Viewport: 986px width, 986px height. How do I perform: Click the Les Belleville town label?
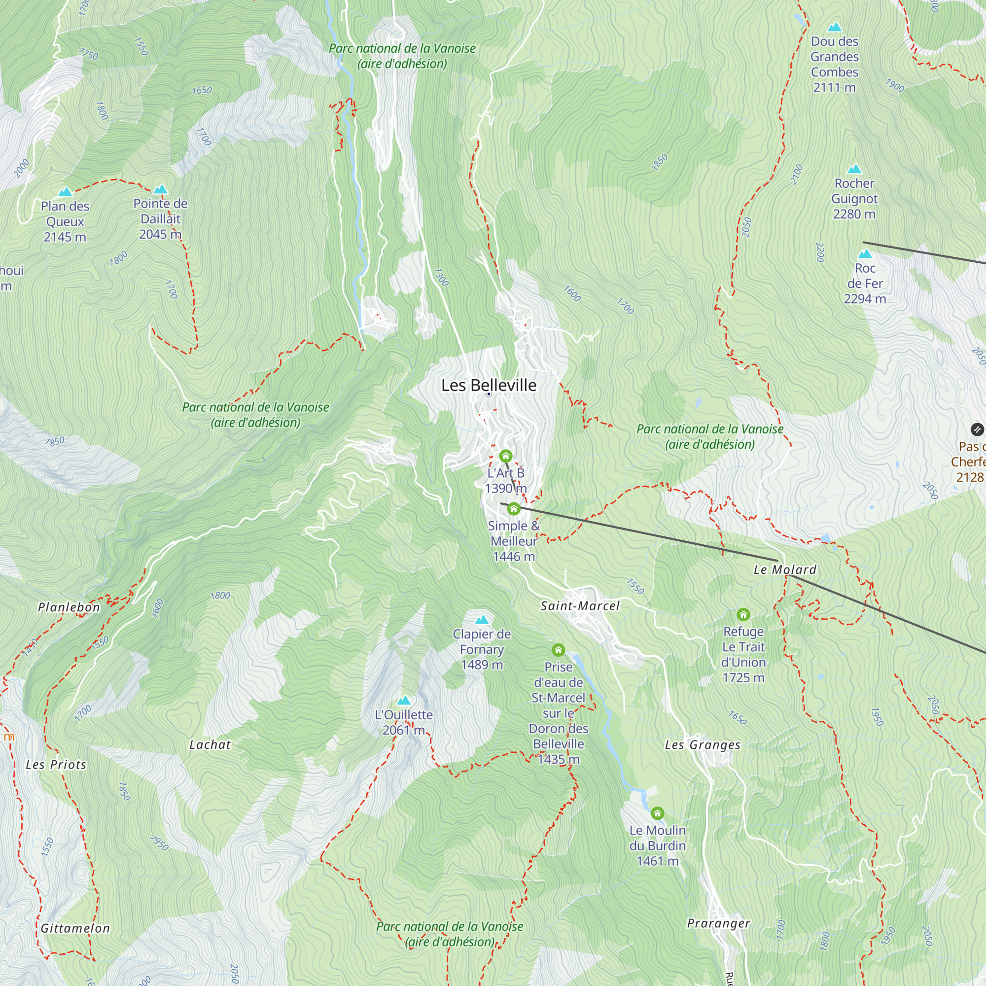click(x=489, y=386)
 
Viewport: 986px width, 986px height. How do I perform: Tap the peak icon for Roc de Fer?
click(x=865, y=253)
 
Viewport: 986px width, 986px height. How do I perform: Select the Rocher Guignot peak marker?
click(x=854, y=169)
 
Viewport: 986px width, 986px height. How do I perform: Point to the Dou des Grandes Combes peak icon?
click(x=834, y=27)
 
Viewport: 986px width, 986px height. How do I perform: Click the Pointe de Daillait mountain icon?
click(x=160, y=189)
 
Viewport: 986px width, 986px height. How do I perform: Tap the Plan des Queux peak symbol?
click(x=65, y=192)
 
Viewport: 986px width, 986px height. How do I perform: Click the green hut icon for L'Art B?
click(x=505, y=455)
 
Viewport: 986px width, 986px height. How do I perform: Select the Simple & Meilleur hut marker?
click(x=513, y=508)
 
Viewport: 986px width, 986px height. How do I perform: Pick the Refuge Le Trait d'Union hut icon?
click(x=743, y=614)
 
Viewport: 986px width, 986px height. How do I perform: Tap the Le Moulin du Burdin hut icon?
click(x=657, y=813)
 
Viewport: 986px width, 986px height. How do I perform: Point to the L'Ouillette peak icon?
click(x=404, y=700)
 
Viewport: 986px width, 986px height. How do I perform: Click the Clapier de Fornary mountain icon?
click(x=481, y=620)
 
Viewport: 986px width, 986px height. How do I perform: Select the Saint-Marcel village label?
click(x=580, y=606)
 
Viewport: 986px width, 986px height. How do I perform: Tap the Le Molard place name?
click(x=785, y=569)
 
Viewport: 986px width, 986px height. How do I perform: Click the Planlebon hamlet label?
click(x=69, y=607)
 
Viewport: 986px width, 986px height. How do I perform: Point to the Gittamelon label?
click(x=75, y=928)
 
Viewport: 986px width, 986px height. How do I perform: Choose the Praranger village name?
click(x=718, y=923)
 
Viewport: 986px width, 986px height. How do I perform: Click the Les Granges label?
click(x=702, y=745)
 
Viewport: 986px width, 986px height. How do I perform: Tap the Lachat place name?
click(x=210, y=744)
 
